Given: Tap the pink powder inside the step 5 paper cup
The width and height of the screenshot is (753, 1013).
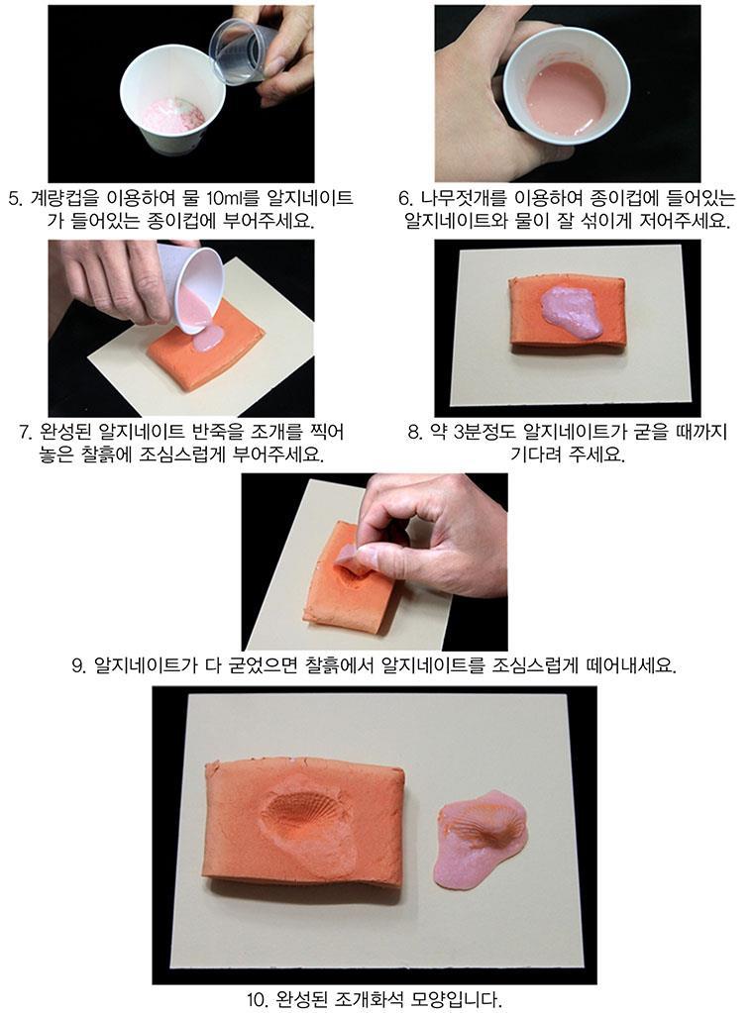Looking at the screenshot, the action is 173,115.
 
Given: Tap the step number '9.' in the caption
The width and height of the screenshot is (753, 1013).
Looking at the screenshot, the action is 79,665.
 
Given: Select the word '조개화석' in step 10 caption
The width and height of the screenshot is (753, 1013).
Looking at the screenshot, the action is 371,1001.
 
